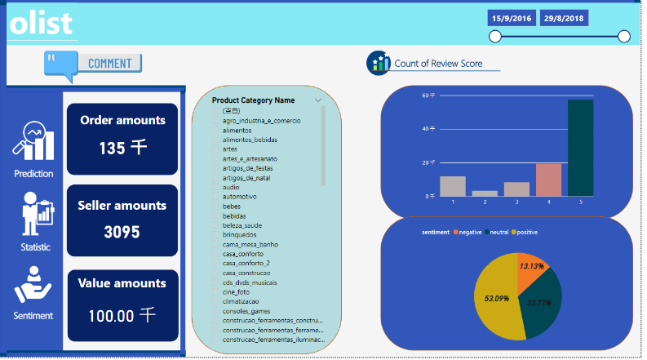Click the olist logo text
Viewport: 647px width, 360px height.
[41, 23]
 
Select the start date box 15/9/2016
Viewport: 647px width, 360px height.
[511, 18]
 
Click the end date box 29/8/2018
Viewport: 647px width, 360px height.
[564, 18]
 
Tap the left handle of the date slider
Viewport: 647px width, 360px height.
[494, 36]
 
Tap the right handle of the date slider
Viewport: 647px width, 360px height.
[624, 36]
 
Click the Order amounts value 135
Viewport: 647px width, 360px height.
[122, 148]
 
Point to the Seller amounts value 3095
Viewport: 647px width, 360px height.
[122, 232]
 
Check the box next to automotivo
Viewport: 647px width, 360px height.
[216, 197]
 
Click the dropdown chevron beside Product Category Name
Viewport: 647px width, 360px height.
[318, 100]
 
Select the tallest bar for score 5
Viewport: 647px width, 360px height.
[580, 148]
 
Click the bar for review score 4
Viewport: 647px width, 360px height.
[548, 180]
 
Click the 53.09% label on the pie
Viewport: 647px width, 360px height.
[497, 298]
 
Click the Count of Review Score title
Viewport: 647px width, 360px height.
[438, 63]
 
